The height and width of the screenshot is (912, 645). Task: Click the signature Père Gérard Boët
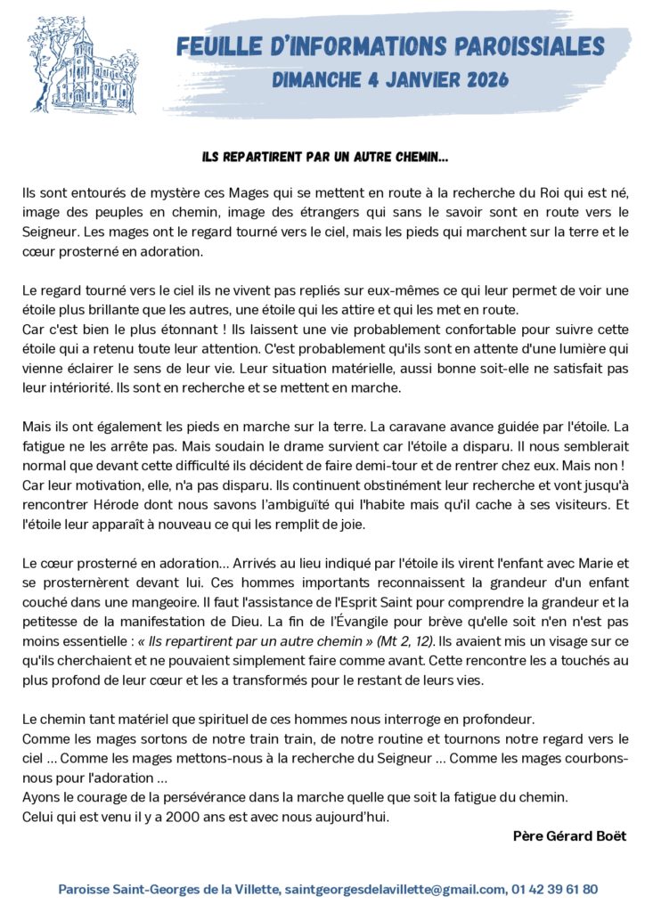569,836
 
